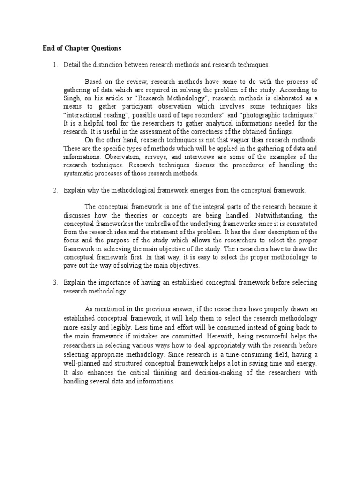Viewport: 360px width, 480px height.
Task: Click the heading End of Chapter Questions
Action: (82, 48)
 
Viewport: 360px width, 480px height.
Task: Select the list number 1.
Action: (55, 64)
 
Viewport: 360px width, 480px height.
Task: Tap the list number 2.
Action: (55, 190)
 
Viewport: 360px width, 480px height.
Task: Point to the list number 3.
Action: (55, 283)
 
